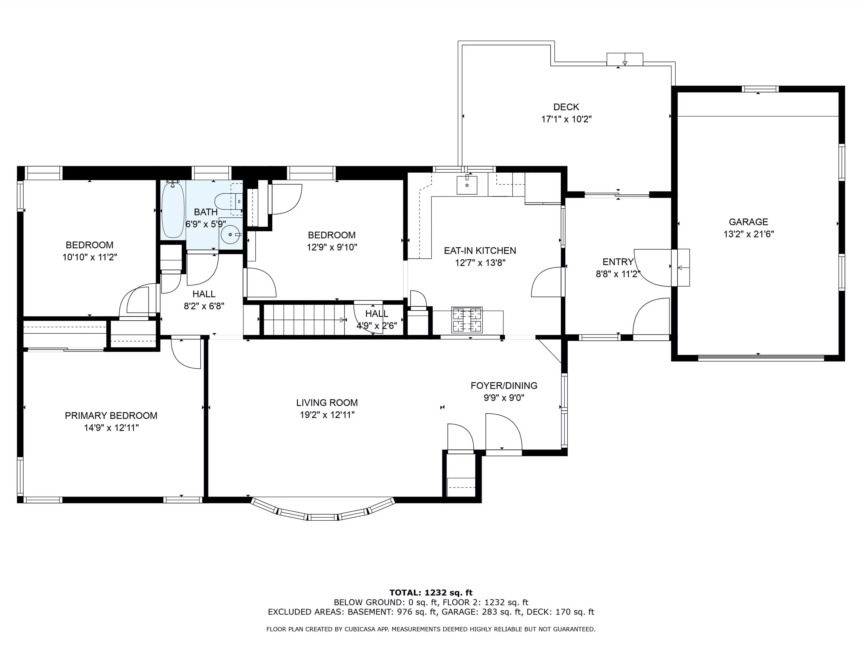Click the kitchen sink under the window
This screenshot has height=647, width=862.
[467, 185]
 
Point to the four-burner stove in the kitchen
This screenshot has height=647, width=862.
[467, 320]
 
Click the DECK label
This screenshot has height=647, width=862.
[566, 107]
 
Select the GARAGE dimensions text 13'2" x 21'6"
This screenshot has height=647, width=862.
[749, 234]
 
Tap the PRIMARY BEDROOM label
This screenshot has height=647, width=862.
[111, 415]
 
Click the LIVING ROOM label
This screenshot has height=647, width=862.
[327, 402]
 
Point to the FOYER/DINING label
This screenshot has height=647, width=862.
[504, 386]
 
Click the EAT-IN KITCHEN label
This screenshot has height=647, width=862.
[480, 250]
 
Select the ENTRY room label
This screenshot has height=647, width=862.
[618, 262]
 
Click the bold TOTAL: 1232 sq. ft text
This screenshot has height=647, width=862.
[431, 593]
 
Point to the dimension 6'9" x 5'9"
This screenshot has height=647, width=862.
[206, 224]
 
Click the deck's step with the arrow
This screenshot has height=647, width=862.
[625, 59]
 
